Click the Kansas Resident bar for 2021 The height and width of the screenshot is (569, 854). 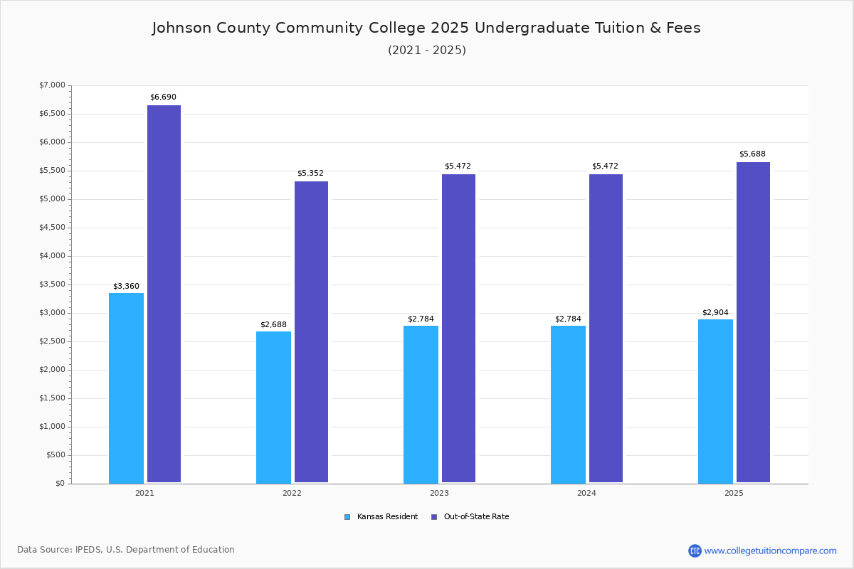click(x=126, y=388)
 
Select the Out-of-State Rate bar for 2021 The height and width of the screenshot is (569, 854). click(x=164, y=294)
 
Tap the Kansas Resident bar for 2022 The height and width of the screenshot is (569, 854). click(x=273, y=407)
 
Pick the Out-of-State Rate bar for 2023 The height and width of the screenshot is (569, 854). click(x=458, y=328)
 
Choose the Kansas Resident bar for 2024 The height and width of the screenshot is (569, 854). click(x=568, y=404)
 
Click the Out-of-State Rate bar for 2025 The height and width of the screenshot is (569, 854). click(x=753, y=322)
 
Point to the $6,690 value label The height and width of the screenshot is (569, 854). click(x=163, y=97)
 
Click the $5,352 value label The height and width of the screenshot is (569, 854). click(x=310, y=173)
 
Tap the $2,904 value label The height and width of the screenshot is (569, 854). click(x=715, y=312)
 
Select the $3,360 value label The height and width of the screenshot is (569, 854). click(x=126, y=286)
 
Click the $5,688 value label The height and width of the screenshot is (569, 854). click(x=752, y=154)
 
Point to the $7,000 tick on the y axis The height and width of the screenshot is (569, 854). click(x=52, y=85)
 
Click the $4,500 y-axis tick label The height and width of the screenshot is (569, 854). click(x=52, y=228)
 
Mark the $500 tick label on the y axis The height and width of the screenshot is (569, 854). click(x=56, y=455)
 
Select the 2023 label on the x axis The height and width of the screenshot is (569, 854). click(x=439, y=493)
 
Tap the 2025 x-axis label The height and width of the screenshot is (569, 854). click(x=734, y=493)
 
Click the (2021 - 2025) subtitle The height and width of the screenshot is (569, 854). click(x=426, y=50)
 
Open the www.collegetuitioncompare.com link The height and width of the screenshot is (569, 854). click(x=770, y=551)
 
